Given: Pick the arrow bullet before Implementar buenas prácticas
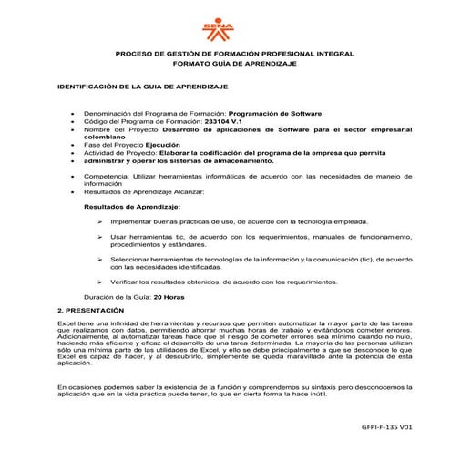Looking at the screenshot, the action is coord(98,221).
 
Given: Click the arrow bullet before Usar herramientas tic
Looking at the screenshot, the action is coord(98,237).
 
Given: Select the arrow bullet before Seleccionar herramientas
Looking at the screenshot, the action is coord(98,260).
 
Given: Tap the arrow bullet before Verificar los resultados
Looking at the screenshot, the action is coord(98,282).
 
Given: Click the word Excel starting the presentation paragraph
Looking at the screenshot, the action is coord(67,324).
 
